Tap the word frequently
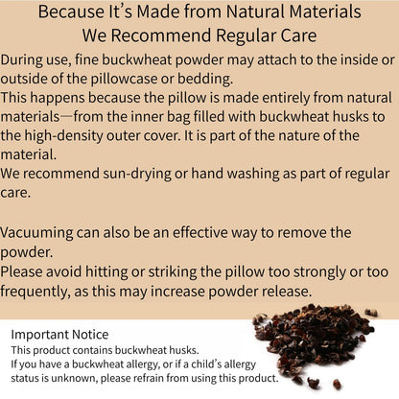click(x=49, y=293)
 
